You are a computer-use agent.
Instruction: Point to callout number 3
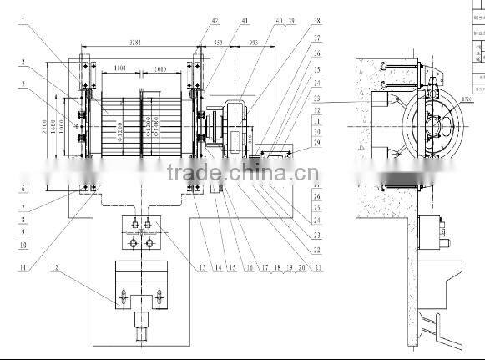(24, 83)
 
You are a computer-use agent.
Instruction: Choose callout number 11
(24, 267)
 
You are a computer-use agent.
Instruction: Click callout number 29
(316, 144)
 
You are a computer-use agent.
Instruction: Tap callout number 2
(24, 62)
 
